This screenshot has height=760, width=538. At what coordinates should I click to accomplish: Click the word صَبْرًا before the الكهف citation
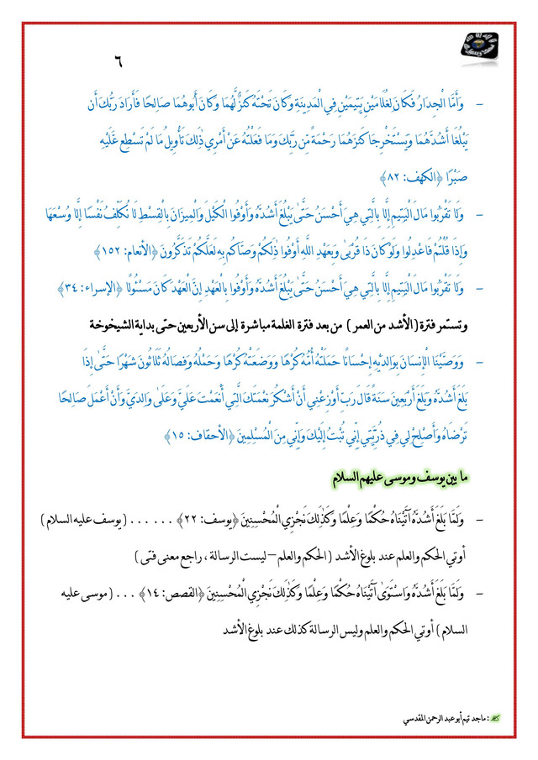click(x=473, y=177)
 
